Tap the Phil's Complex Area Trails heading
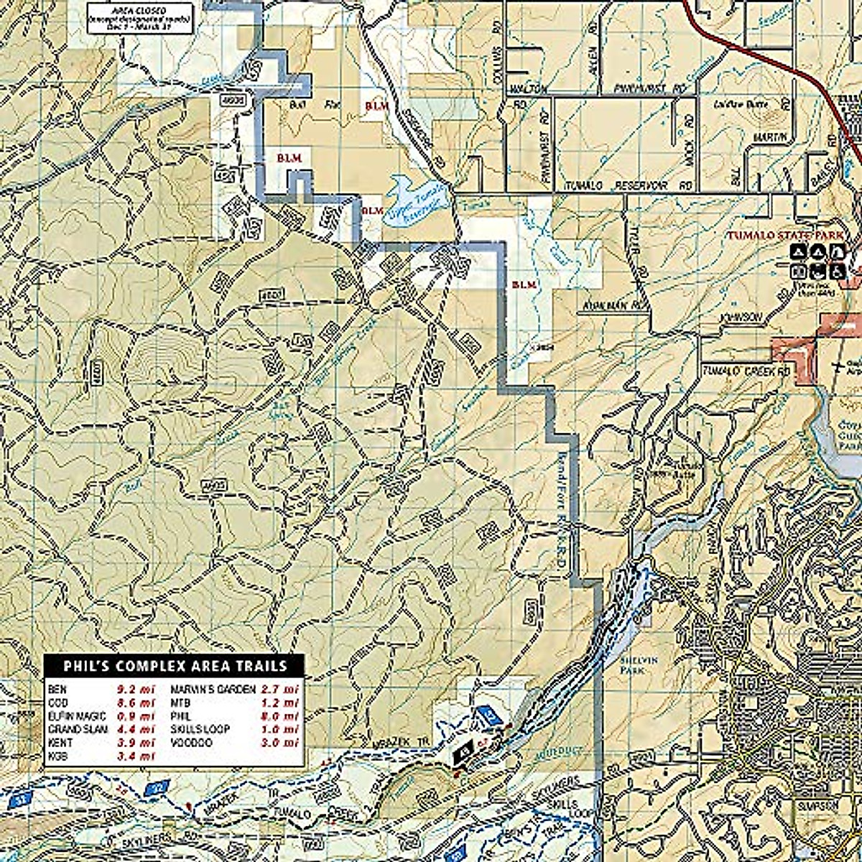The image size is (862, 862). [175, 666]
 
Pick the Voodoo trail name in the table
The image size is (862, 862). [191, 742]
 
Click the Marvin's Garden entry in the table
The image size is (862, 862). [212, 688]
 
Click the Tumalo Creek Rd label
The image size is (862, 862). [746, 371]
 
